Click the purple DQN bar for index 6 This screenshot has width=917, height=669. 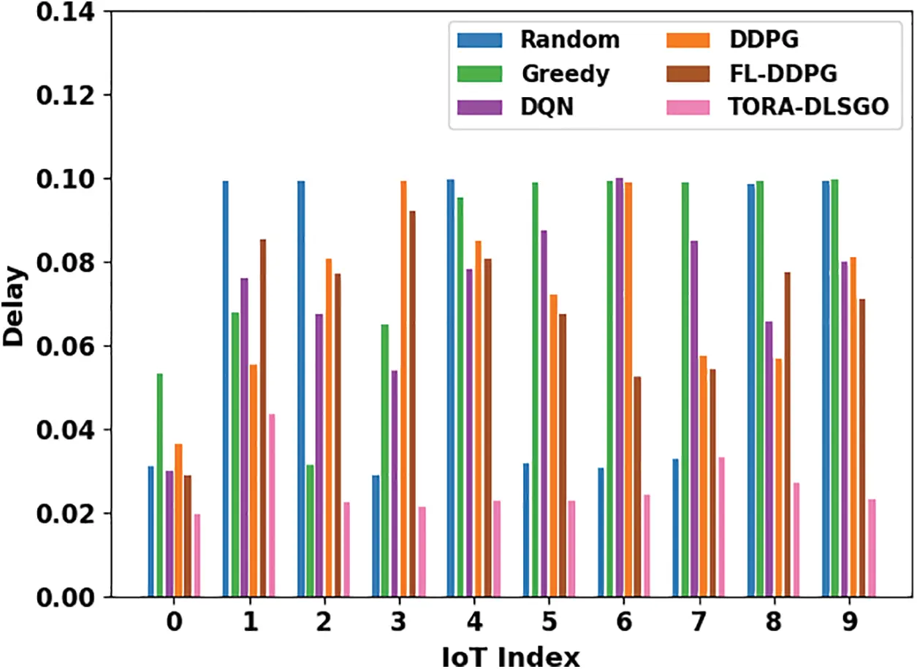click(619, 387)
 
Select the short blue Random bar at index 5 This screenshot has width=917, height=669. click(526, 530)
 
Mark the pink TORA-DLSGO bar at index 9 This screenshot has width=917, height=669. click(871, 548)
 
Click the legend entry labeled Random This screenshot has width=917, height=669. click(569, 39)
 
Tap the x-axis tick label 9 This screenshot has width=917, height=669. click(849, 622)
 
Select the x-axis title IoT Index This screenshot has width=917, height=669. click(511, 656)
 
